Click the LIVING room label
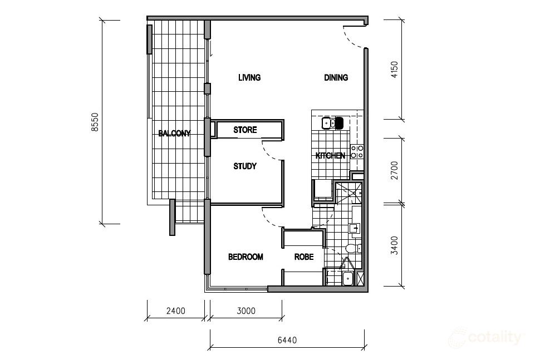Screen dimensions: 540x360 click(249, 77)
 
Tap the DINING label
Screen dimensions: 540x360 click(336, 77)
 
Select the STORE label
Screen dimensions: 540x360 click(245, 130)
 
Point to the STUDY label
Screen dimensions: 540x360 click(245, 166)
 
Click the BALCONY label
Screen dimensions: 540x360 click(174, 133)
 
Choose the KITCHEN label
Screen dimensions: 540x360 click(330, 156)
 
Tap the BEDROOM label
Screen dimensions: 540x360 click(246, 257)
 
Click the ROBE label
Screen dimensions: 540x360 click(304, 257)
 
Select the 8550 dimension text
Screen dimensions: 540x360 click(95, 122)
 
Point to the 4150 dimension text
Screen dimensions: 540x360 click(395, 70)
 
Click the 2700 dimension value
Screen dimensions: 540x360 click(395, 170)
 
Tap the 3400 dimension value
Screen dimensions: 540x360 click(395, 245)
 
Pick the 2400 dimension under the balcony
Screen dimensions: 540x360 click(175, 311)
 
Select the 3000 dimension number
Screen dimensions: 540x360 click(246, 311)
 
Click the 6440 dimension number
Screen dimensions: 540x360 click(287, 341)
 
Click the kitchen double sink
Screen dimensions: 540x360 click(328, 123)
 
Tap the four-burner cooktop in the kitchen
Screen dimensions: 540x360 click(357, 152)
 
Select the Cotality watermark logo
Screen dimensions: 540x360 click(485, 337)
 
